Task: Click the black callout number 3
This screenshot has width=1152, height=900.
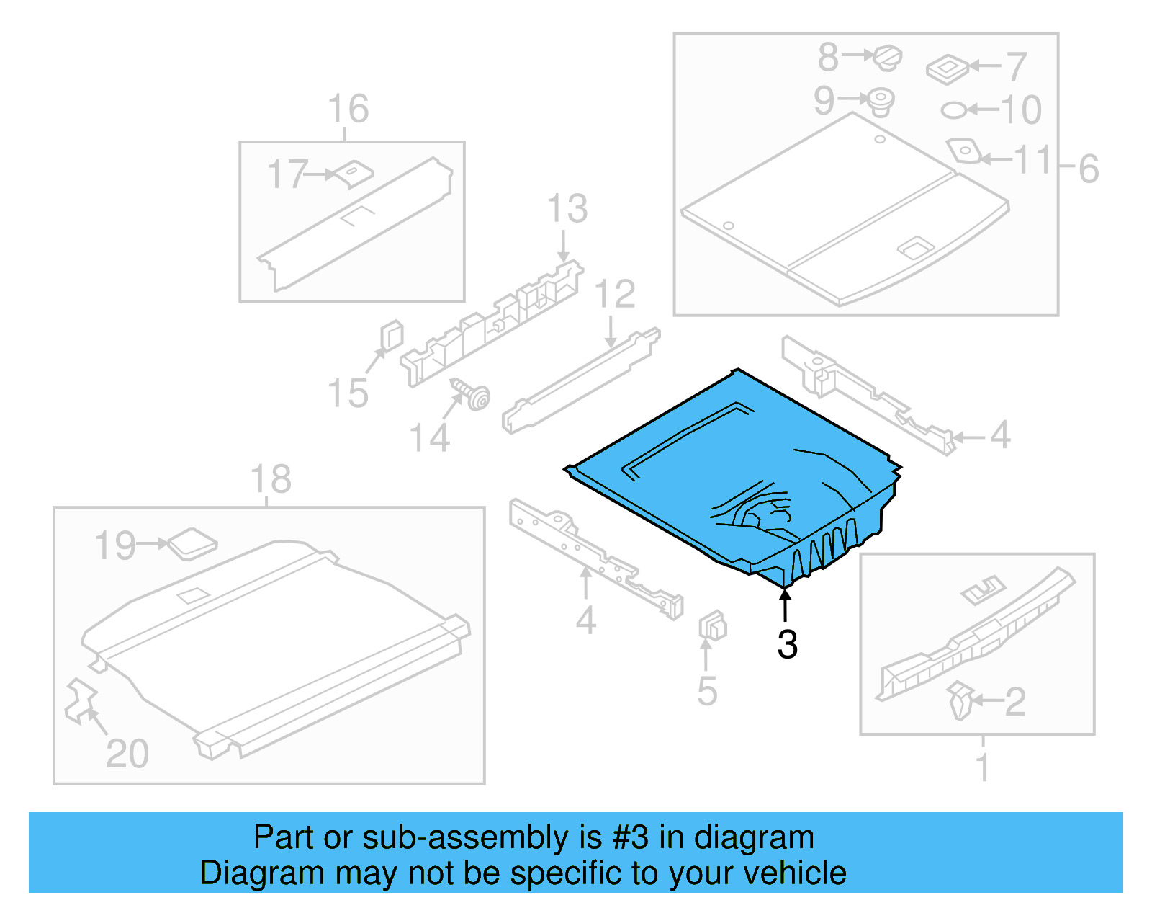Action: pyautogui.click(x=787, y=644)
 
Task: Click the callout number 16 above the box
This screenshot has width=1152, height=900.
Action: pyautogui.click(x=348, y=109)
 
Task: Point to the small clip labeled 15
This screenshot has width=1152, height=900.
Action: pyautogui.click(x=391, y=335)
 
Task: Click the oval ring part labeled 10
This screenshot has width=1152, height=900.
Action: pyautogui.click(x=954, y=110)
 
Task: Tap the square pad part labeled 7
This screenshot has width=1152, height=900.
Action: pyautogui.click(x=948, y=69)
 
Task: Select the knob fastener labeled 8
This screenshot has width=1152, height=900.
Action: pyautogui.click(x=888, y=56)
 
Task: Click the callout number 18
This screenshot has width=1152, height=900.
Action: pyautogui.click(x=271, y=479)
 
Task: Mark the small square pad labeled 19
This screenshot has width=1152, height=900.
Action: pyautogui.click(x=192, y=544)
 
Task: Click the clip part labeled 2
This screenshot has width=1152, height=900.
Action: pyautogui.click(x=960, y=700)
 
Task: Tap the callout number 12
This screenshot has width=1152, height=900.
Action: pyautogui.click(x=615, y=294)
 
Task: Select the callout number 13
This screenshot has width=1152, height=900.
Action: pyautogui.click(x=567, y=209)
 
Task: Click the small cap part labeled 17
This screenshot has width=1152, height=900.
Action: pyautogui.click(x=355, y=173)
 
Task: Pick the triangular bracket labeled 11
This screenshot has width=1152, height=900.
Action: pyautogui.click(x=963, y=151)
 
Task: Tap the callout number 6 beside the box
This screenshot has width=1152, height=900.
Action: pyautogui.click(x=1089, y=169)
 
